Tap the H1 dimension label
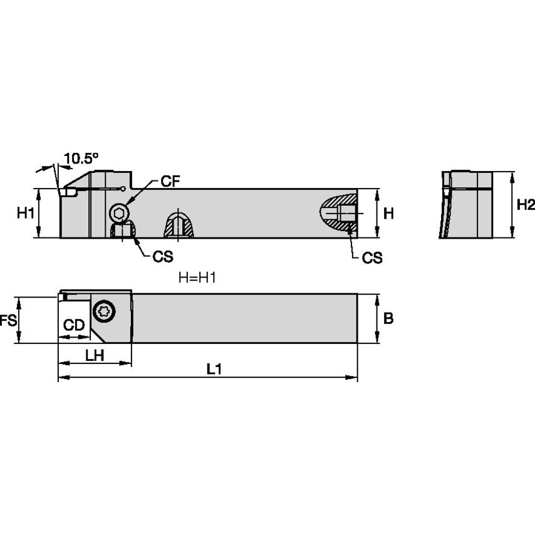coord(25,213)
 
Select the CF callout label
coord(170,182)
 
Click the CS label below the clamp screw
coord(163,257)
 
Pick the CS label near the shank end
coord(372,257)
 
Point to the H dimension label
coord(388,213)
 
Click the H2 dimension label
coord(525,205)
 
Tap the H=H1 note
coord(197,278)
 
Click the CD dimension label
coord(75,325)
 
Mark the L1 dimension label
coord(214,370)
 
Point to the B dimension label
coord(388,318)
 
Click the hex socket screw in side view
coord(119,213)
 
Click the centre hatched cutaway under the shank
coord(179,226)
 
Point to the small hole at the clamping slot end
coord(124,189)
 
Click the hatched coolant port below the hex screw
coord(124,232)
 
